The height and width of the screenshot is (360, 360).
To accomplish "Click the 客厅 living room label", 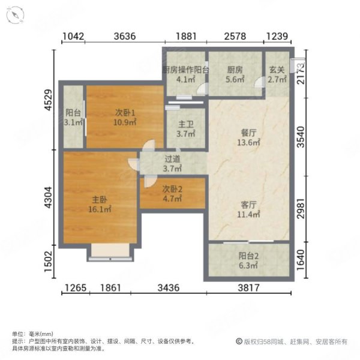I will click(x=248, y=205).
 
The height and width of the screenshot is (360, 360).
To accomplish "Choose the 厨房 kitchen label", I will click(x=235, y=69).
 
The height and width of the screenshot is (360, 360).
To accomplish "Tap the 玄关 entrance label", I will click(x=276, y=69).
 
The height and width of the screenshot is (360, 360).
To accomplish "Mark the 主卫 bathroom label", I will click(x=186, y=125).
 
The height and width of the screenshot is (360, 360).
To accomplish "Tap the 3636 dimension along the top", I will click(x=124, y=37).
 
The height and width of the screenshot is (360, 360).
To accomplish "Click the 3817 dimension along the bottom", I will click(x=248, y=287).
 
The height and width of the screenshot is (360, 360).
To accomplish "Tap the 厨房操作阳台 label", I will click(x=186, y=69).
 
